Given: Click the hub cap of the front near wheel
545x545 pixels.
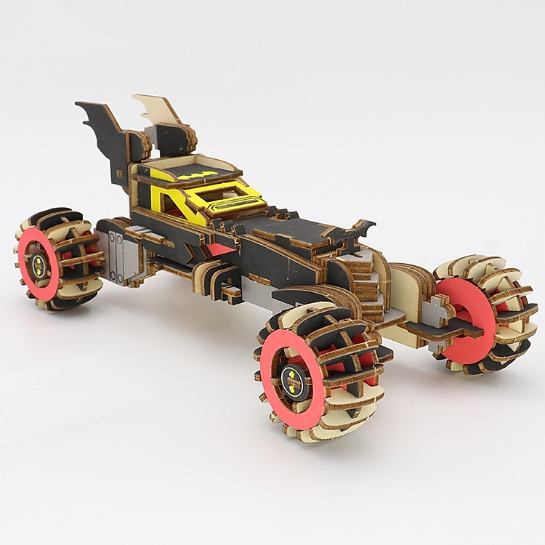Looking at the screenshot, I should click(291, 378).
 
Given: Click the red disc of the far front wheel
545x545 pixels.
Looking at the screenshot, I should click(465, 320).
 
